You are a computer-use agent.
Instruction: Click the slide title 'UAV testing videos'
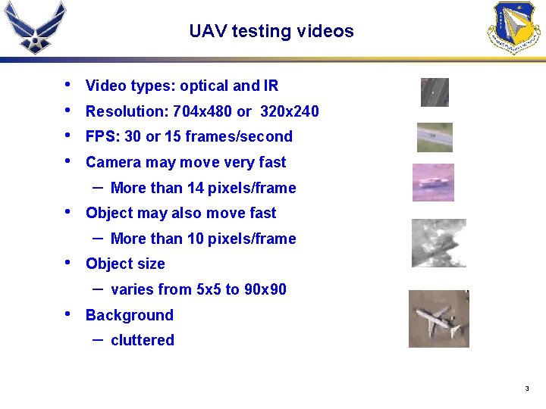tap(271, 31)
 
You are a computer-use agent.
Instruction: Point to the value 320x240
tap(289, 111)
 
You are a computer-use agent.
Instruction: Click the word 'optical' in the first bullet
tap(204, 86)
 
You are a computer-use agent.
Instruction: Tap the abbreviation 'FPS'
tap(99, 136)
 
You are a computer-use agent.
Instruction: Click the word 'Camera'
tap(113, 162)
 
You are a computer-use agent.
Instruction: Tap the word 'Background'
tap(129, 315)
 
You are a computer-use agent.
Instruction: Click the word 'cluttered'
tap(143, 340)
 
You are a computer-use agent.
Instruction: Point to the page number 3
tap(526, 389)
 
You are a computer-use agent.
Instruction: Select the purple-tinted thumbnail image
tap(433, 183)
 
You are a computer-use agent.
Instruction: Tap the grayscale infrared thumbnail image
tap(438, 243)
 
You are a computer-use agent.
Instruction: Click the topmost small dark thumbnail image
tap(435, 92)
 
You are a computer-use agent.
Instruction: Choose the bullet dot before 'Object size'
tap(69, 263)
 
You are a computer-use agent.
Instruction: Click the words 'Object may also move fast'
tap(180, 213)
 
